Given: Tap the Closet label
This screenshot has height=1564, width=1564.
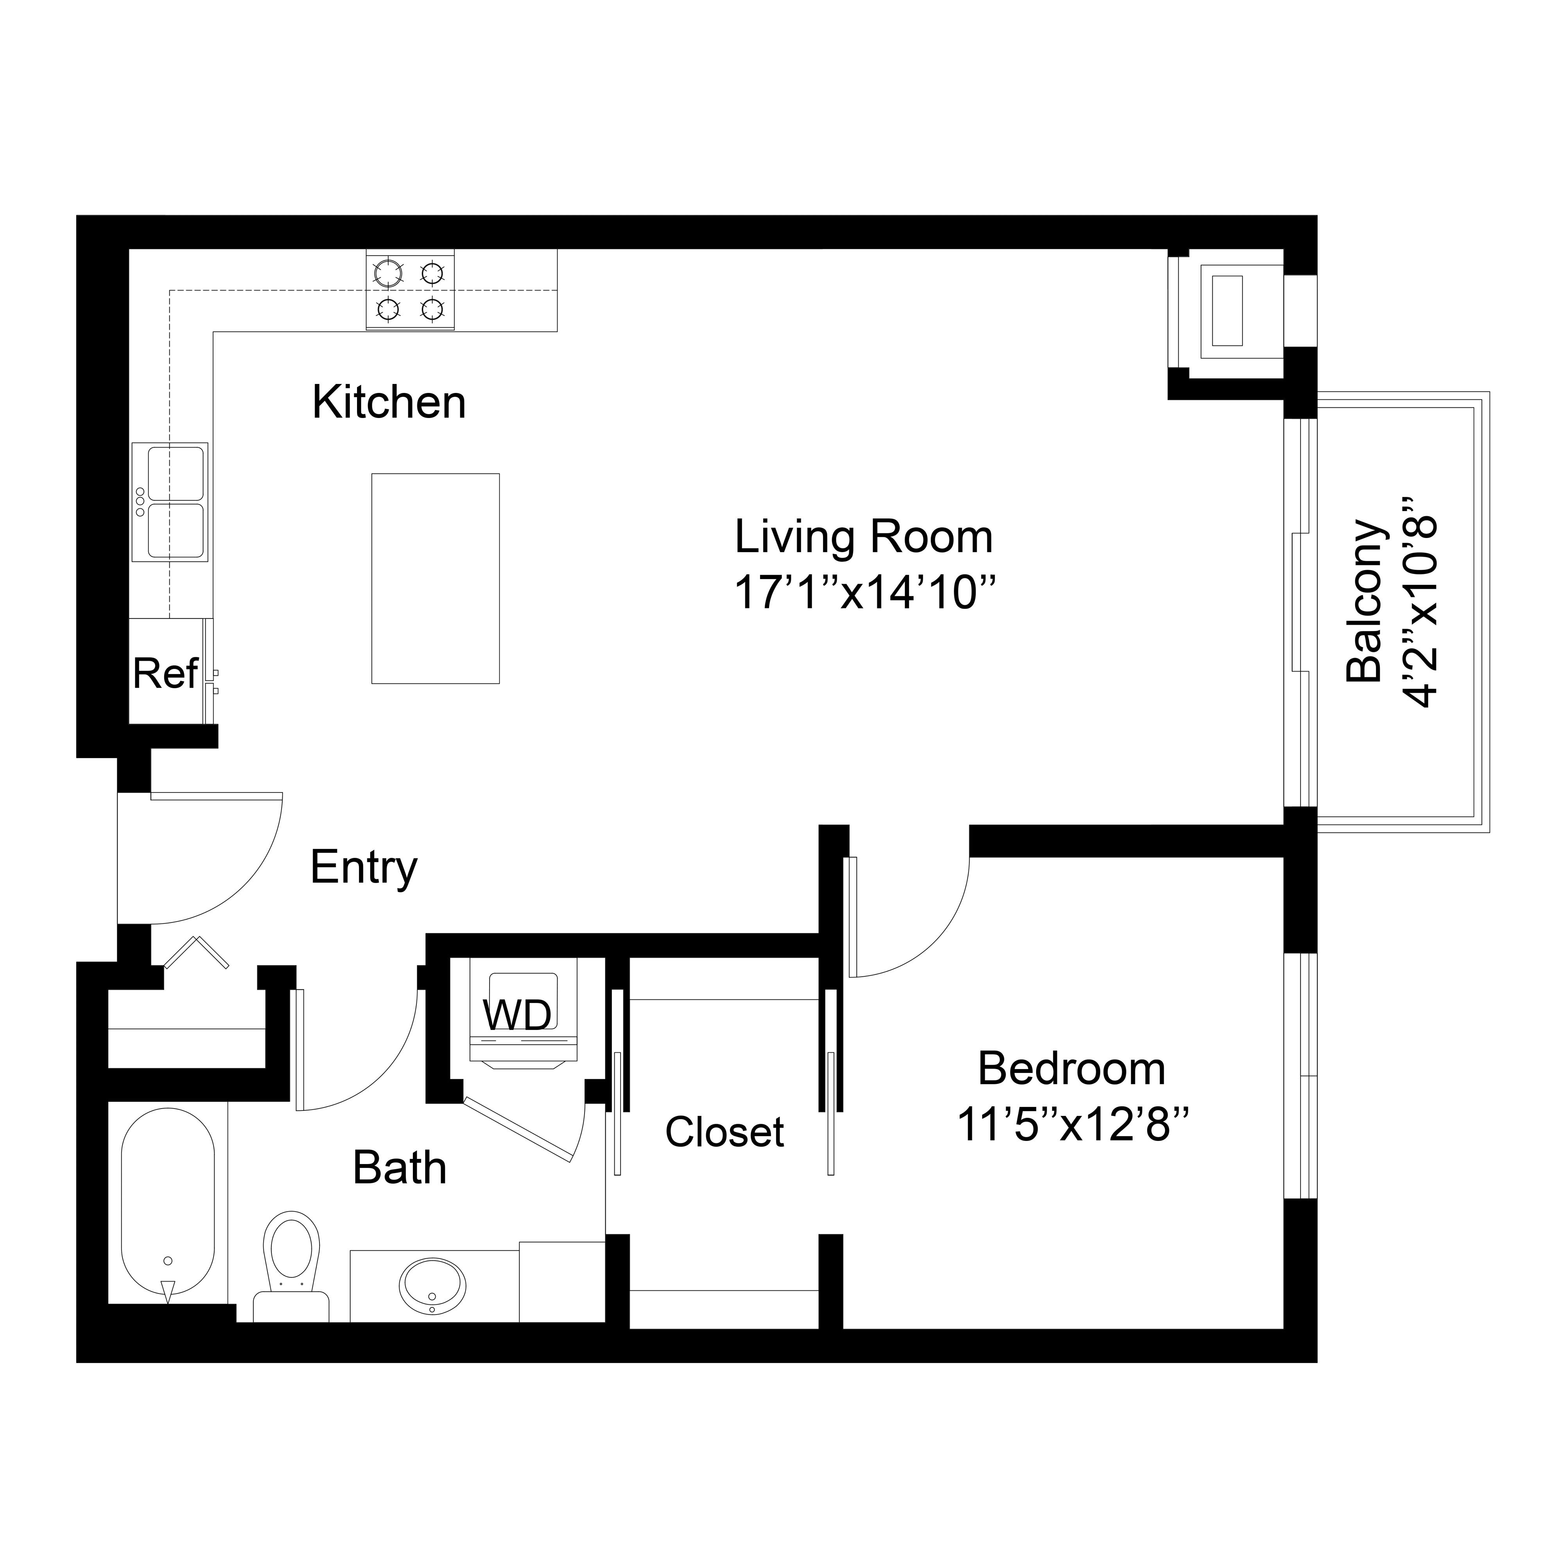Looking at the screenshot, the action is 725,1132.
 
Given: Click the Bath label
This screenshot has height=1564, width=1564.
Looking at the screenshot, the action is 400,1168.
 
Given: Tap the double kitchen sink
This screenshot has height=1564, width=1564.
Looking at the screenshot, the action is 170,502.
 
